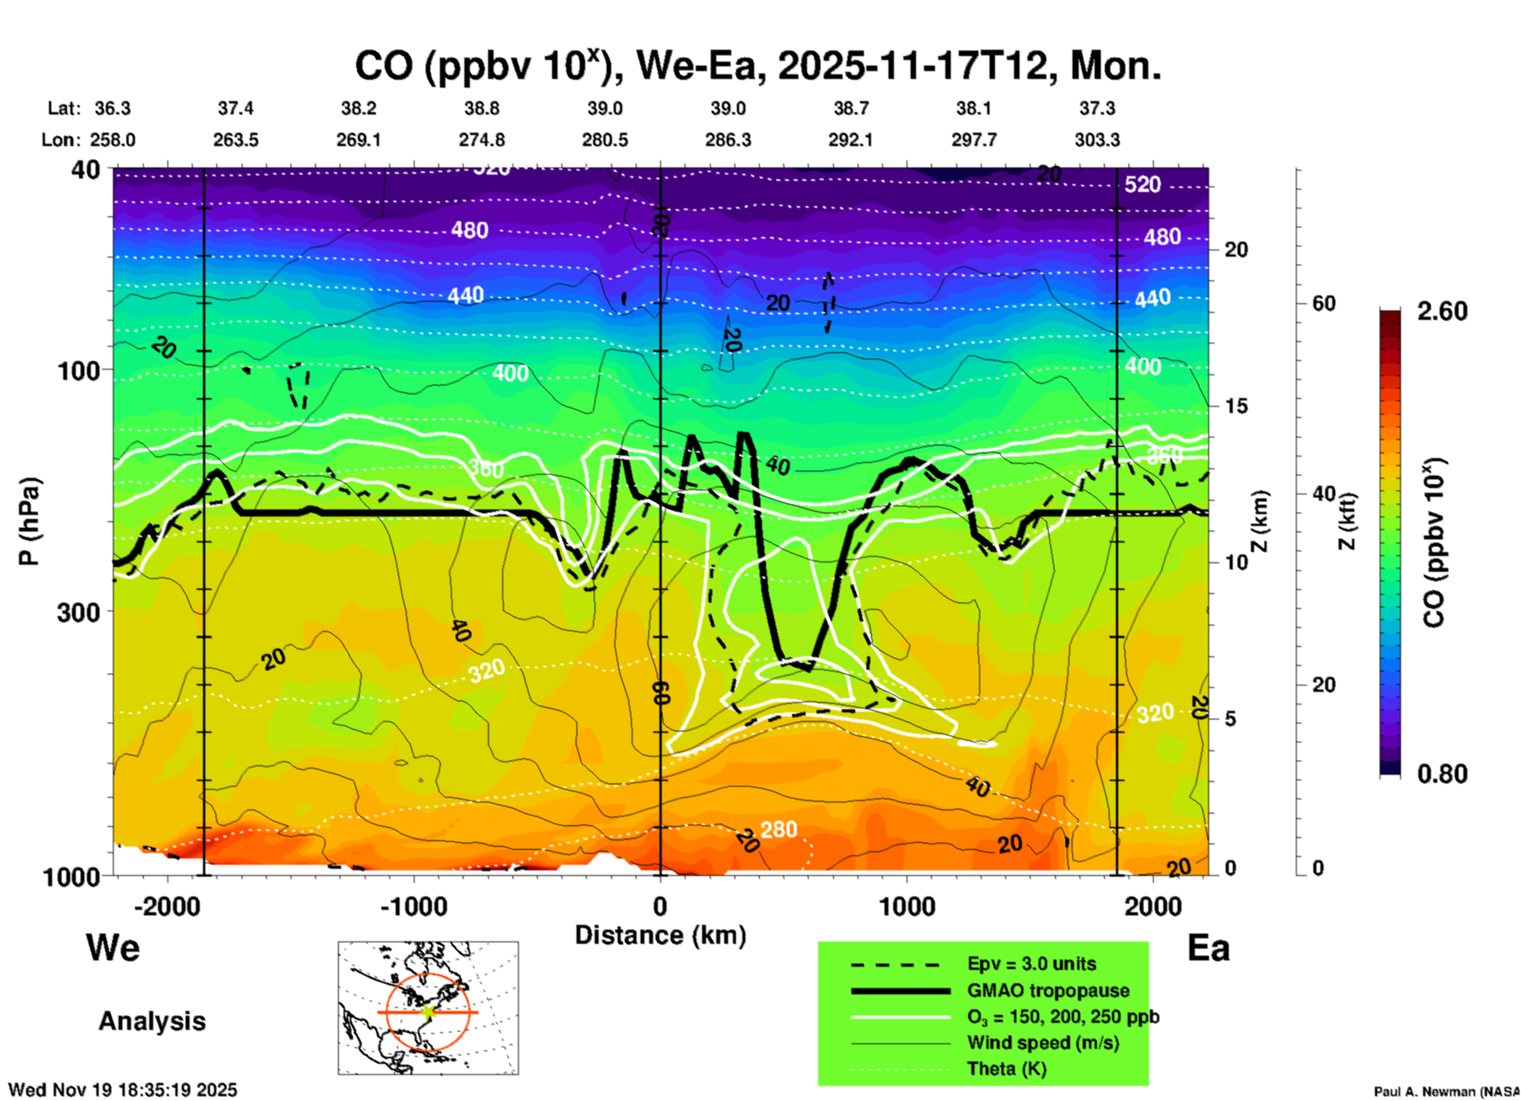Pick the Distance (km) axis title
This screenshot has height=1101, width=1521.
(x=659, y=935)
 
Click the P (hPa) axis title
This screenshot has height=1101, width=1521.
(x=28, y=521)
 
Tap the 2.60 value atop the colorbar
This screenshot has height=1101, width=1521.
(x=1442, y=311)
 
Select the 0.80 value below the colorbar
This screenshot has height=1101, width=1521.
(x=1442, y=774)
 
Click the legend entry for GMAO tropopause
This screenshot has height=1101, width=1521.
(x=1048, y=990)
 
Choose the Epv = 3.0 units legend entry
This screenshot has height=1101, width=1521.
(x=1031, y=964)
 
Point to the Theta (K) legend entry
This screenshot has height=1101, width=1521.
(x=1006, y=1069)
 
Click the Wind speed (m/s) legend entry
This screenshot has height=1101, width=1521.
(x=1042, y=1043)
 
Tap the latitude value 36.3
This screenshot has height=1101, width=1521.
(x=113, y=108)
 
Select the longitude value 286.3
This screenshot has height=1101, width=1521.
(x=727, y=140)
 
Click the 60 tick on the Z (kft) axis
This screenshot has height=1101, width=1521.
(x=1324, y=303)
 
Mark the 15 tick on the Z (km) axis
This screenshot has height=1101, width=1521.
(x=1236, y=406)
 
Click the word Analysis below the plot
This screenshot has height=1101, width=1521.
(x=152, y=1021)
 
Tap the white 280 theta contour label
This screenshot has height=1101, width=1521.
(x=779, y=829)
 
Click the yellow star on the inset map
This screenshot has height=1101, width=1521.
(x=429, y=1011)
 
